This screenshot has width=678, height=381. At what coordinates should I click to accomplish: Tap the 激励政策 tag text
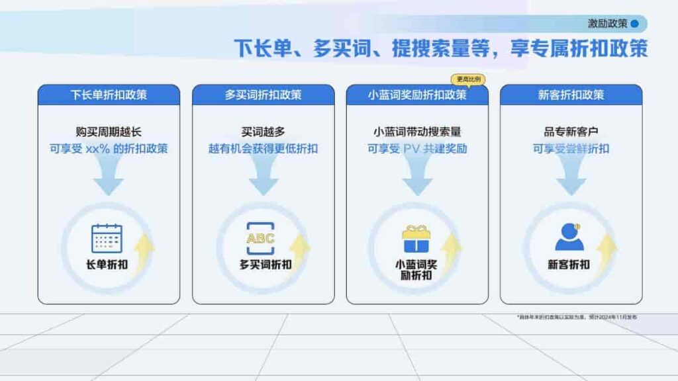click(607, 24)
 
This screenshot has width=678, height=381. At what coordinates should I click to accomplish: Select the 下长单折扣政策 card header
click(109, 95)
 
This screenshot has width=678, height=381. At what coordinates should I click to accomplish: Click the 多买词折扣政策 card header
click(263, 95)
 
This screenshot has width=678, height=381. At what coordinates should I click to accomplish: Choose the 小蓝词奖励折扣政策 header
click(417, 95)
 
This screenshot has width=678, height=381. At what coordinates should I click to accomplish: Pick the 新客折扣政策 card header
click(571, 95)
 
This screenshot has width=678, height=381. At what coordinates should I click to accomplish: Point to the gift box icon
click(416, 239)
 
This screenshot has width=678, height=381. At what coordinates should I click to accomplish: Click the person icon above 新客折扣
click(569, 237)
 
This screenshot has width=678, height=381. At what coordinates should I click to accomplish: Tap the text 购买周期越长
click(109, 132)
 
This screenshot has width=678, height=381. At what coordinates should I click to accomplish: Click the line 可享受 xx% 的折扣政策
click(109, 148)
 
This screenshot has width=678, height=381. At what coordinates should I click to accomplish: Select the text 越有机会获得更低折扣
click(263, 148)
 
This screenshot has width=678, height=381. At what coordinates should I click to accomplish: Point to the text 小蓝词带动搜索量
click(417, 132)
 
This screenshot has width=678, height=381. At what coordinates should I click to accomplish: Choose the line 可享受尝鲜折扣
click(571, 148)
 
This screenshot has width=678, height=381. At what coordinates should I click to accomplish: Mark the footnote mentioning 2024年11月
click(577, 317)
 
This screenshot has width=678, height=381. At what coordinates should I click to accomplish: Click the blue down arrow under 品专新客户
click(571, 177)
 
